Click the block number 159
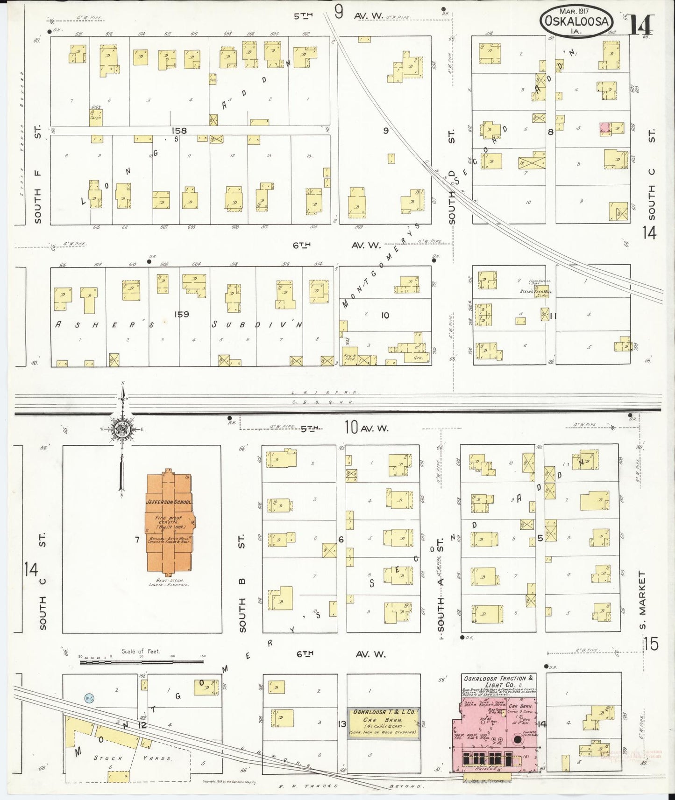click(x=181, y=314)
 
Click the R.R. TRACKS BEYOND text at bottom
click(x=355, y=786)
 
